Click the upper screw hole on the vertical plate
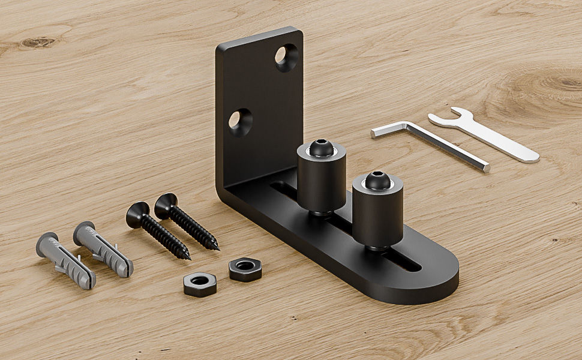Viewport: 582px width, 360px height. (x=286, y=58)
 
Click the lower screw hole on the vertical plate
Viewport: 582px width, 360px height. (x=240, y=121)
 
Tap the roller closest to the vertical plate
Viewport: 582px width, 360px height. (x=322, y=177)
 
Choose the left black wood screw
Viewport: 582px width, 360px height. (x=158, y=230)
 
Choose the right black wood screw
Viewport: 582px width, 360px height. (x=187, y=222)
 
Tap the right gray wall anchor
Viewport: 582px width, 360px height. (x=103, y=249)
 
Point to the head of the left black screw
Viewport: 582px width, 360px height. (x=137, y=213)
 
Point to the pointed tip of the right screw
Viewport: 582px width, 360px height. (x=217, y=248)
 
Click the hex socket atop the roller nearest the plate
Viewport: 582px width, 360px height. (x=321, y=146)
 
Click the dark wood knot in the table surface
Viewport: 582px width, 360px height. (x=37, y=43)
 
